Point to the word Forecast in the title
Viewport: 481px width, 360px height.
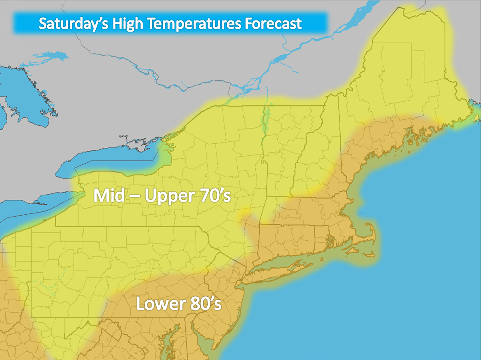[272, 24]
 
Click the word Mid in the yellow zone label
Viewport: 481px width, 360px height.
[107, 196]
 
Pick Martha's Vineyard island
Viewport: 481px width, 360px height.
[353, 251]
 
